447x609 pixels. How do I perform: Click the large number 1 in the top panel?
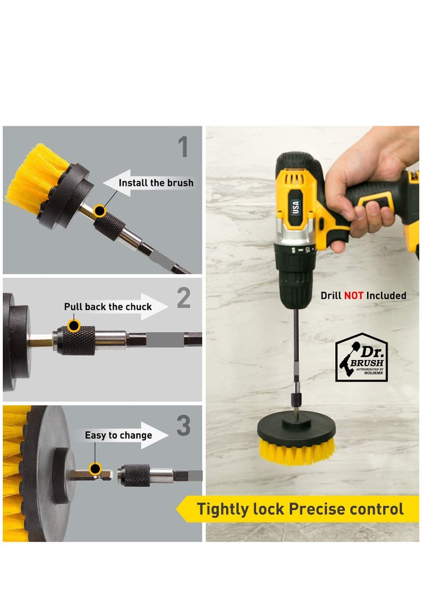(x=183, y=147)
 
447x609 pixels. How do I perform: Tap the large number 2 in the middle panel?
(x=184, y=299)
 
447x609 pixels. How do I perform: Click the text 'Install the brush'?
(x=156, y=183)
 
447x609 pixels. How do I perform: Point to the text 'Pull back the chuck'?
(x=108, y=306)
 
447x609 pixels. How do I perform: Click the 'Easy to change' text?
(x=118, y=435)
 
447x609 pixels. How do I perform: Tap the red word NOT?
(x=354, y=295)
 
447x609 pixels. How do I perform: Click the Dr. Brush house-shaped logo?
(x=361, y=358)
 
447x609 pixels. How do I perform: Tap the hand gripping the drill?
(x=369, y=184)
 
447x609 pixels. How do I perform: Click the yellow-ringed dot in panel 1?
(x=99, y=210)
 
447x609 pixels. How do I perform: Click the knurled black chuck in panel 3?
(x=136, y=476)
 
